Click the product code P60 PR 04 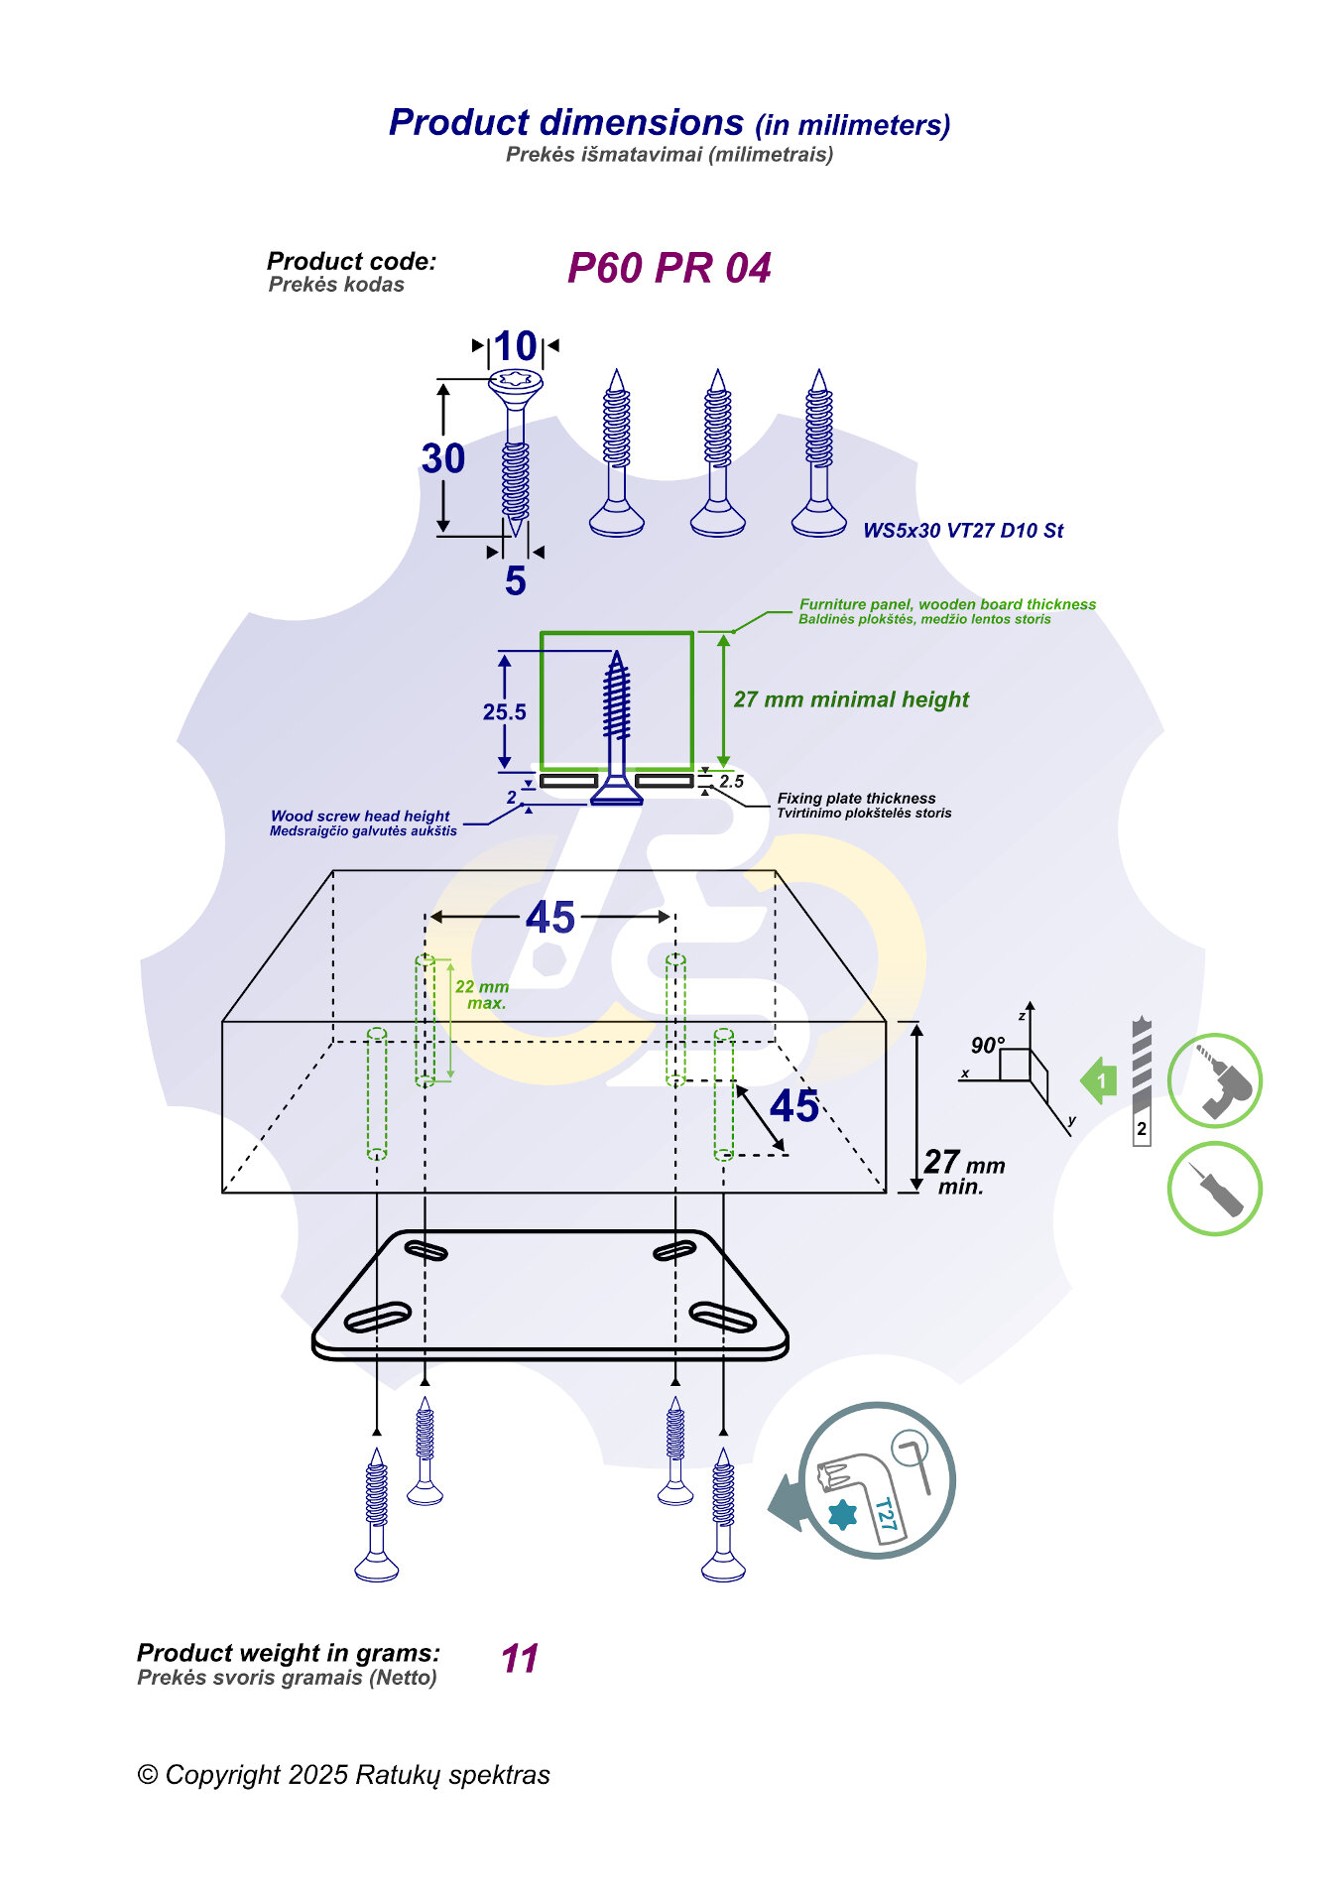(x=669, y=268)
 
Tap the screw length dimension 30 (x=442, y=458)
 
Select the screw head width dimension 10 (x=516, y=346)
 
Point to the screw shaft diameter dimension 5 (x=515, y=580)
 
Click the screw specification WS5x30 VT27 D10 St (x=962, y=531)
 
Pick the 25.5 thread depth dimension (x=504, y=712)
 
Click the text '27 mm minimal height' (x=851, y=699)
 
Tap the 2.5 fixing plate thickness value (x=732, y=782)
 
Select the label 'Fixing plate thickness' (x=856, y=799)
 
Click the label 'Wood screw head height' (x=360, y=816)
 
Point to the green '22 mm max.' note (x=482, y=994)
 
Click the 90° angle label (x=987, y=1045)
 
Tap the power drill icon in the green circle (x=1215, y=1080)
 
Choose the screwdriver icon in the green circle (x=1215, y=1189)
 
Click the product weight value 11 (x=520, y=1659)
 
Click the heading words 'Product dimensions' (x=566, y=122)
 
